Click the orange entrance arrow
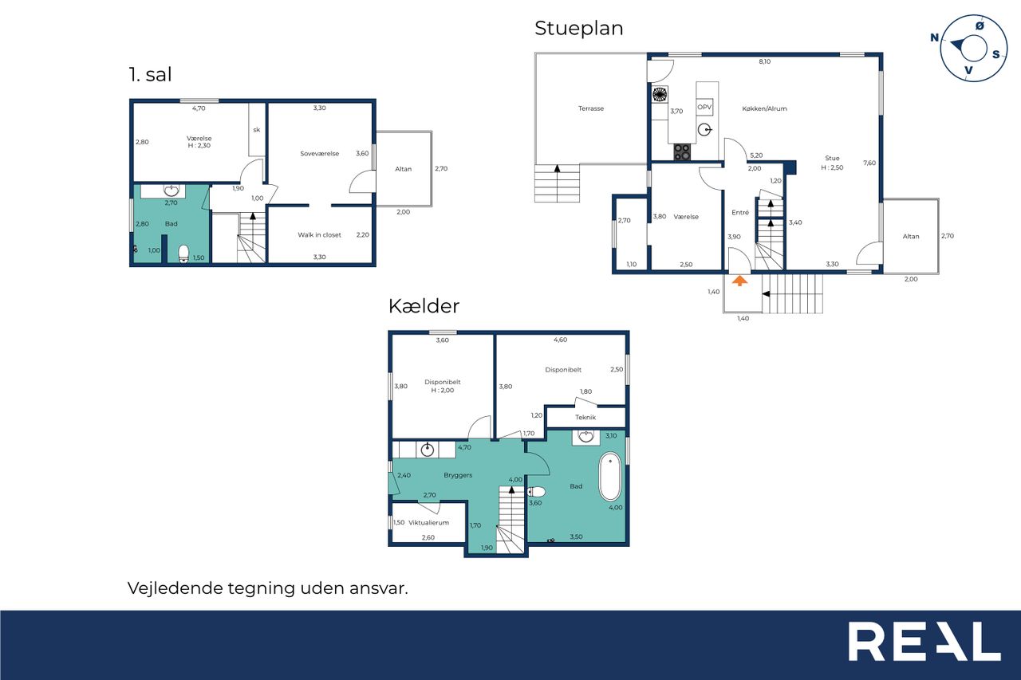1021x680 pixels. click(x=739, y=281)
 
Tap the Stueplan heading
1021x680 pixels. click(x=579, y=29)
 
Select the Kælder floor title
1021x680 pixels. click(x=424, y=306)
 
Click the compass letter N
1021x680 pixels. click(x=934, y=37)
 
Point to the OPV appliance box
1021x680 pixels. click(x=704, y=107)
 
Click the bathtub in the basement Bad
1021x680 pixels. click(x=610, y=477)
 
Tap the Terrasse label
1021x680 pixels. click(x=591, y=108)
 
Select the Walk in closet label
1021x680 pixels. click(x=319, y=235)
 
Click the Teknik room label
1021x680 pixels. click(x=585, y=417)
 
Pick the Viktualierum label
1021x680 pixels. click(x=428, y=523)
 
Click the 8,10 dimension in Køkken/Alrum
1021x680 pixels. click(x=764, y=61)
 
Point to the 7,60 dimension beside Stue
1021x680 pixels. click(x=869, y=163)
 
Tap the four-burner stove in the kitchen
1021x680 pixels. click(x=682, y=152)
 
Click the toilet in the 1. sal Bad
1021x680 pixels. click(x=183, y=254)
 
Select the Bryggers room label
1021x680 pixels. click(x=458, y=475)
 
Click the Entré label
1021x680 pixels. click(x=739, y=213)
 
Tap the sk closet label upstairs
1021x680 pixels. click(x=257, y=130)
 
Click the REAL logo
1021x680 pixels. click(x=924, y=642)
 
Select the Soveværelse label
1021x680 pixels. click(x=319, y=154)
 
